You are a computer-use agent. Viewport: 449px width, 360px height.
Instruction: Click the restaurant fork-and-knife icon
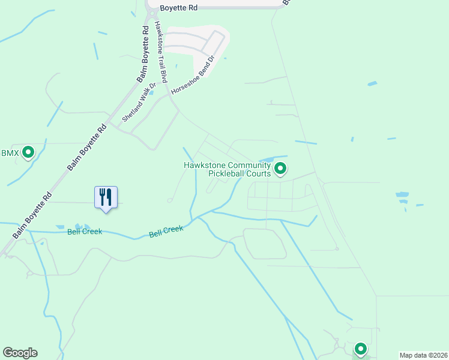click(x=106, y=197)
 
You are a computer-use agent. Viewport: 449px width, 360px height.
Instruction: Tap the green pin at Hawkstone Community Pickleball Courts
click(x=280, y=170)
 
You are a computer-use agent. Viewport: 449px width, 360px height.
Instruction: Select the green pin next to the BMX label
click(x=28, y=153)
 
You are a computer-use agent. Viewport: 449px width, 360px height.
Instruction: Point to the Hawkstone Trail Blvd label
click(x=160, y=52)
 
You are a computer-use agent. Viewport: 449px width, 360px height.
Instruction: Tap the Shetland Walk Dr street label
click(x=139, y=102)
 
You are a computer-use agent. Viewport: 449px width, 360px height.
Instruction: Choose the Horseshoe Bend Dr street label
click(x=193, y=76)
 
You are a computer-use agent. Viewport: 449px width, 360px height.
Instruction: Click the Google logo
click(x=20, y=353)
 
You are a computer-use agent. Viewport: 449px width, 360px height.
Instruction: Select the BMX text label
click(x=10, y=154)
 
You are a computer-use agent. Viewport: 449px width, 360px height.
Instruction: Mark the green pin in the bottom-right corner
click(x=361, y=349)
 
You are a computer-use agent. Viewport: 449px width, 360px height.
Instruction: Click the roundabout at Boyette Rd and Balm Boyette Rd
click(x=155, y=8)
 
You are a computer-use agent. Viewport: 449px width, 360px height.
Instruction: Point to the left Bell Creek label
click(x=85, y=232)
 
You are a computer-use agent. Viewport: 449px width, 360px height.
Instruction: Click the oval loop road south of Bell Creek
click(x=264, y=244)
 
